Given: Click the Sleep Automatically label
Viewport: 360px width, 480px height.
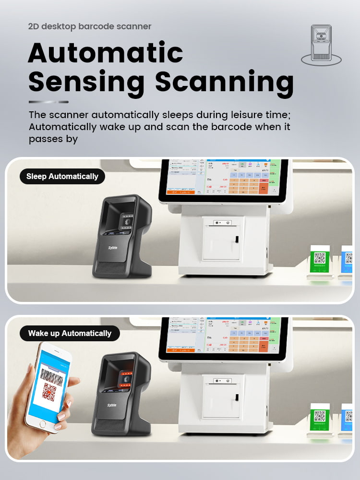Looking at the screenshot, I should pos(62,176).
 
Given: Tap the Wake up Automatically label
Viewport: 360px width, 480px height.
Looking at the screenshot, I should pos(70,333).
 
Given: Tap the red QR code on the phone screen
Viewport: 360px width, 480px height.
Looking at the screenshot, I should pos(49,392).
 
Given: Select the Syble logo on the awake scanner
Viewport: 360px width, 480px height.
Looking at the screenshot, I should pos(111,405).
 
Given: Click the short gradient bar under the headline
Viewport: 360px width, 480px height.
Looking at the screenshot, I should pos(48,102).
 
